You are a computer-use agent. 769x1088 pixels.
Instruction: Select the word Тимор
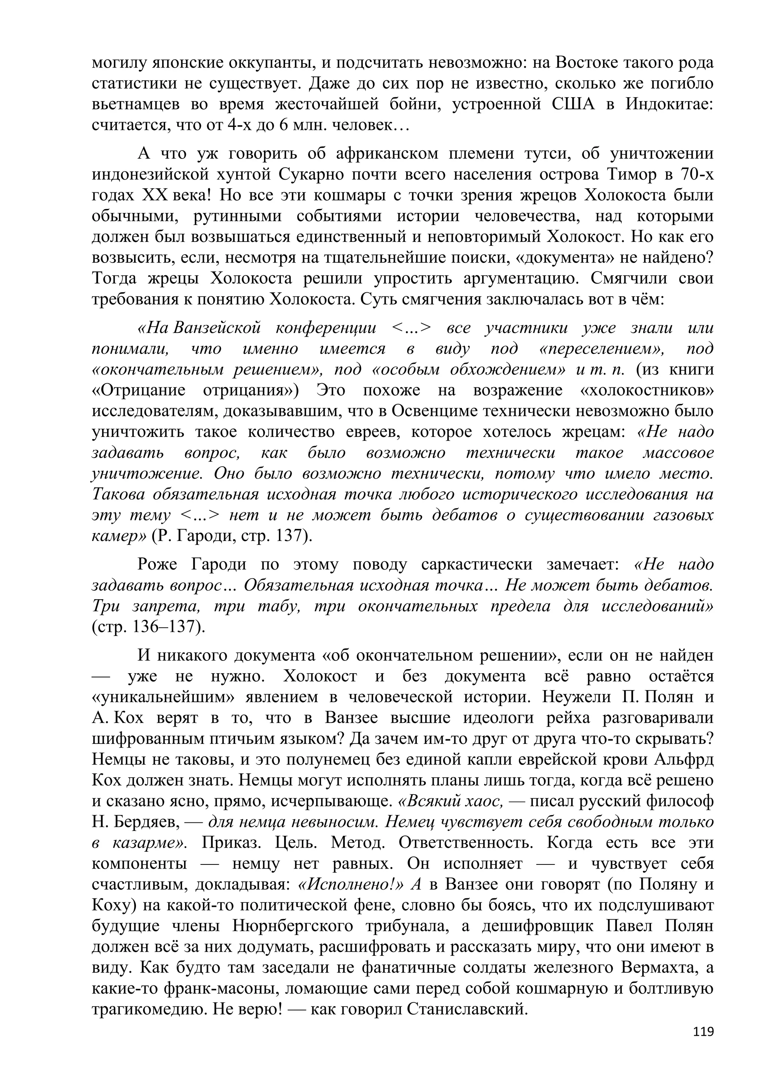point(629,175)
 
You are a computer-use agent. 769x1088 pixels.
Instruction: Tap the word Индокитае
point(669,104)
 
